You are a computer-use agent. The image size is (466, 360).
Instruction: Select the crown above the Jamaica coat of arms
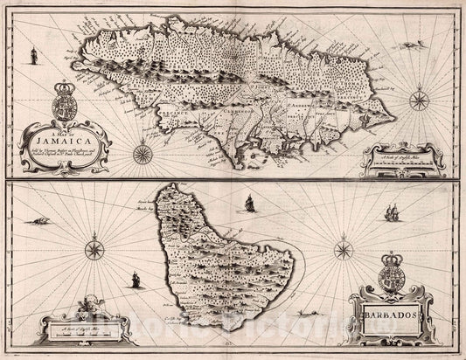tap(66, 87)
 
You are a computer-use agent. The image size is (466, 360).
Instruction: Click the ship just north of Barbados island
tap(249, 205)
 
